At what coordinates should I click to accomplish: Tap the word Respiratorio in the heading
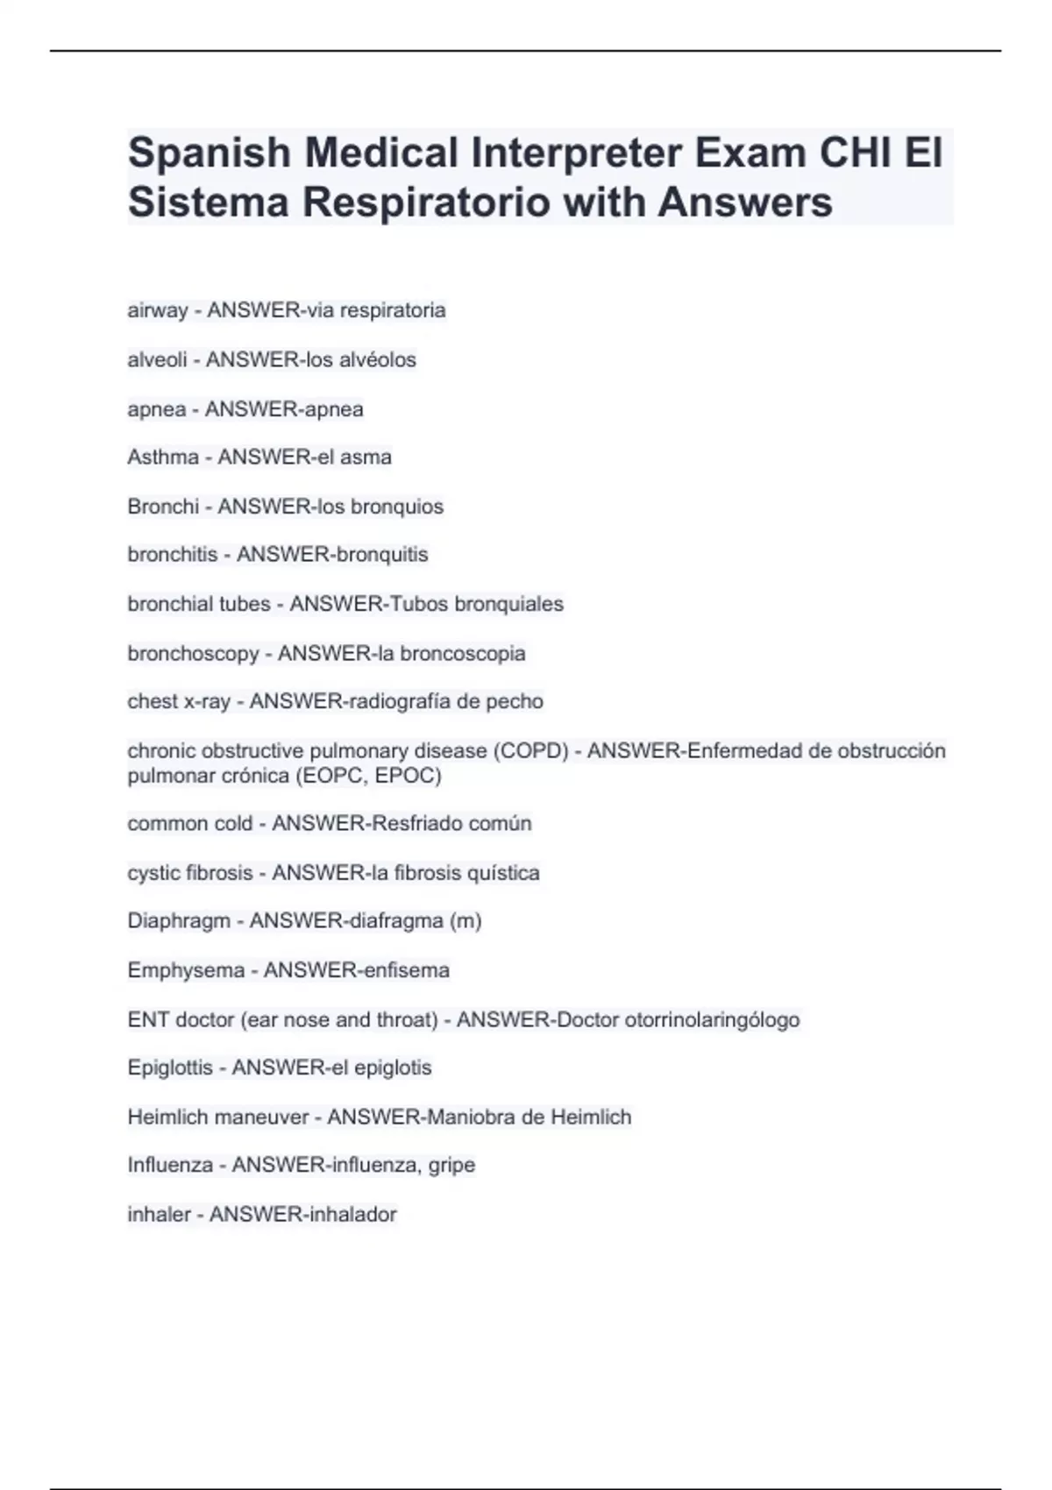(424, 202)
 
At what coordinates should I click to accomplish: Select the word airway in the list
(158, 310)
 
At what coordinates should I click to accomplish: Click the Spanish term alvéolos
(378, 359)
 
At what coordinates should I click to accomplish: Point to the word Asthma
(163, 457)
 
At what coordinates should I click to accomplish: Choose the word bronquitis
(377, 555)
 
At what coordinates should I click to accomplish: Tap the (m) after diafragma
(465, 921)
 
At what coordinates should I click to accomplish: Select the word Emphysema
(186, 970)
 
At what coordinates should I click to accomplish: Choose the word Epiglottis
(170, 1068)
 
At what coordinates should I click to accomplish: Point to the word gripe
(451, 1166)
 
